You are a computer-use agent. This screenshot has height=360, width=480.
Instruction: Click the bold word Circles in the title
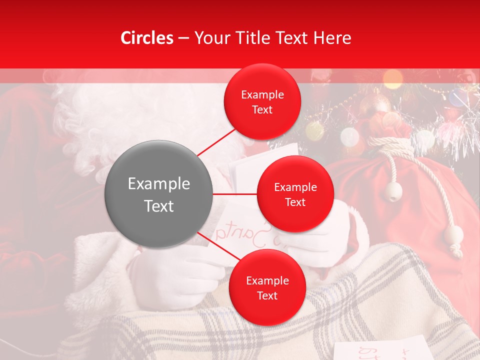(x=146, y=38)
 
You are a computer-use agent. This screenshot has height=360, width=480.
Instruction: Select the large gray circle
(x=159, y=194)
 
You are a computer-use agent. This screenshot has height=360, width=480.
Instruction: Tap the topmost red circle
(x=262, y=102)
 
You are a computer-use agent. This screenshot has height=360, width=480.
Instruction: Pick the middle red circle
(x=295, y=194)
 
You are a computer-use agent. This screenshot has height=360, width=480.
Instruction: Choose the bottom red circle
(x=267, y=287)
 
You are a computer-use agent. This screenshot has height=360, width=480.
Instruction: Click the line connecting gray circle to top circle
(x=216, y=142)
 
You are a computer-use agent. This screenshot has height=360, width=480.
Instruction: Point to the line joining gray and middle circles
(x=235, y=194)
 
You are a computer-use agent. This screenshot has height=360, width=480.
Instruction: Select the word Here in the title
(x=334, y=38)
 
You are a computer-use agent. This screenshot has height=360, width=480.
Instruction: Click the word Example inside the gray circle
(x=159, y=184)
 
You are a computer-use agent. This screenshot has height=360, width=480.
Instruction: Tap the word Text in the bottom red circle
(x=267, y=295)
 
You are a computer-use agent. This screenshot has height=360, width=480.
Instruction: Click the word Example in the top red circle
(x=262, y=95)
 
